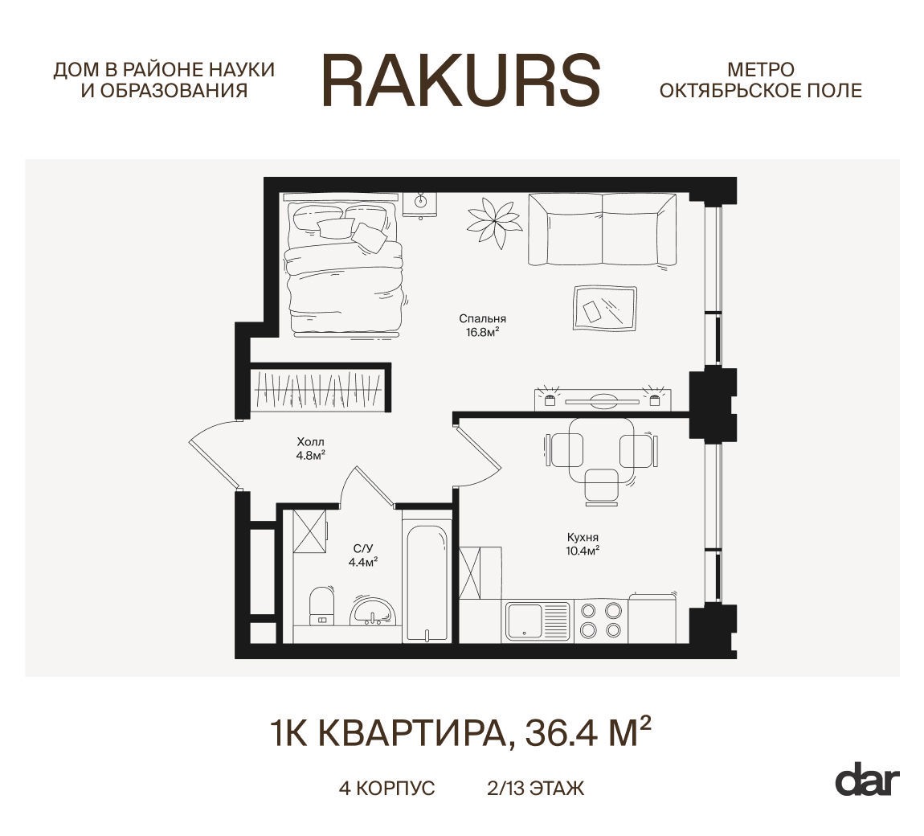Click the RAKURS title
coord(461,80)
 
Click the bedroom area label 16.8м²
coord(483,330)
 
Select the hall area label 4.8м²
coord(310,455)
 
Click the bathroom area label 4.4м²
coord(362,562)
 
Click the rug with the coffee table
coord(605,308)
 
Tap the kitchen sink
coord(525,621)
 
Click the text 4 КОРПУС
coord(386,789)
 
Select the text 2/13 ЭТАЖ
coord(535,789)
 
